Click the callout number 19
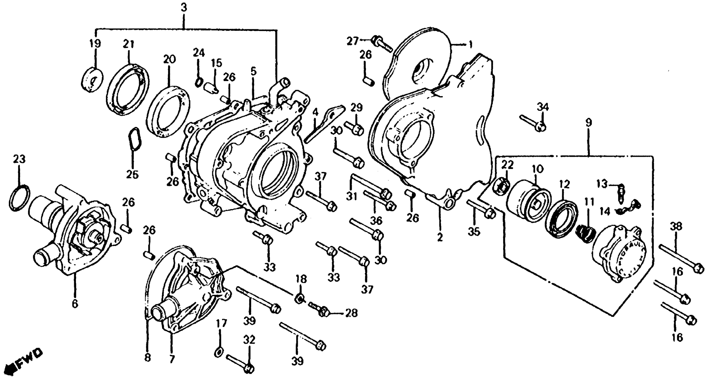(x=95, y=44)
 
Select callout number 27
(x=353, y=41)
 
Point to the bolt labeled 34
(x=532, y=123)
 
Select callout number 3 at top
(x=184, y=7)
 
